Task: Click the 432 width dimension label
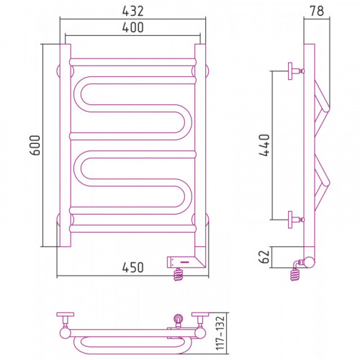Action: pyautogui.click(x=132, y=11)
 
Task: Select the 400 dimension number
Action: pyautogui.click(x=132, y=27)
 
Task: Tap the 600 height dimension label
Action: pyautogui.click(x=35, y=145)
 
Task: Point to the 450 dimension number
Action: pyautogui.click(x=132, y=267)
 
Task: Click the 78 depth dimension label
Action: pyautogui.click(x=317, y=11)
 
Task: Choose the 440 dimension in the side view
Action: pyautogui.click(x=264, y=145)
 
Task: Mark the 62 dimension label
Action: pyautogui.click(x=265, y=257)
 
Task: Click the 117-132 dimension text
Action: pyautogui.click(x=220, y=333)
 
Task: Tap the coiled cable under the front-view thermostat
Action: pyautogui.click(x=178, y=274)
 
